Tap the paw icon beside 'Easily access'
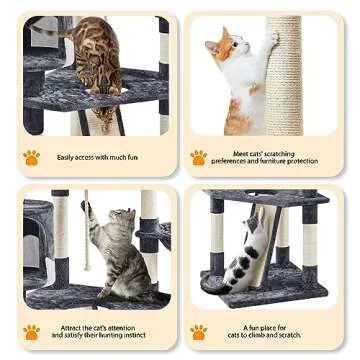click(31, 157)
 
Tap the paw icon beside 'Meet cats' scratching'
click(199, 157)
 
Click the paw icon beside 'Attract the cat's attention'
click(31, 331)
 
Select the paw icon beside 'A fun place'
click(199, 331)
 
